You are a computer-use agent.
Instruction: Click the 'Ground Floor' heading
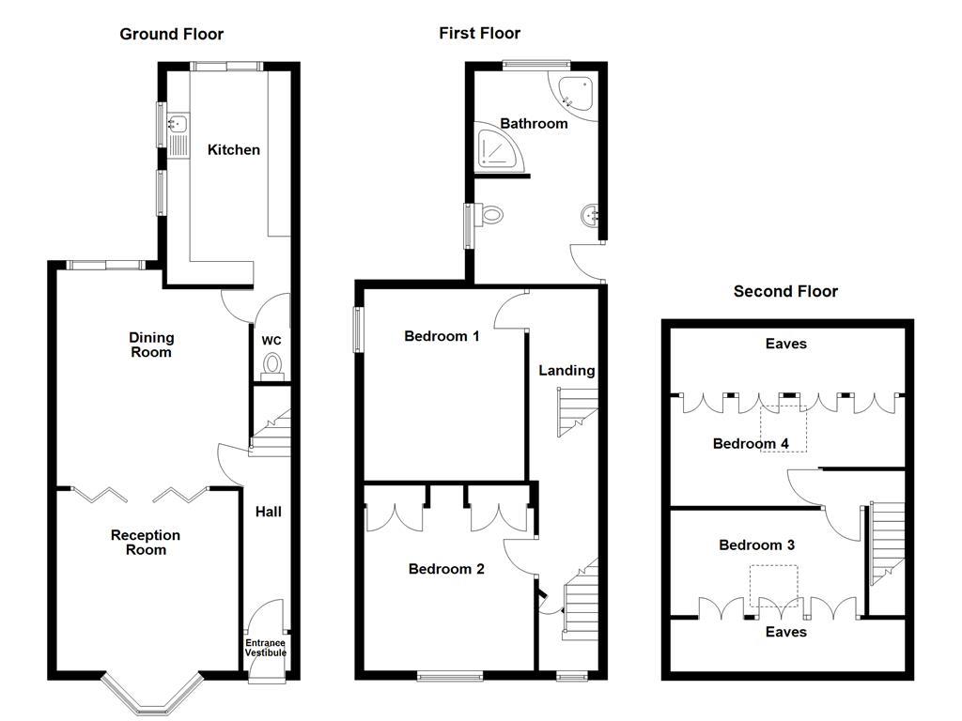pos(171,35)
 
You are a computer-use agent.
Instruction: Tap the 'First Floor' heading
pos(479,34)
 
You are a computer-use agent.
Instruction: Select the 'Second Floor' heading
pos(785,292)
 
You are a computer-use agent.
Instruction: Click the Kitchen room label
pos(234,150)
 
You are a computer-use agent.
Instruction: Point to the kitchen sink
pos(177,123)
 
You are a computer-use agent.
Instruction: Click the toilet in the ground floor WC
pos(272,363)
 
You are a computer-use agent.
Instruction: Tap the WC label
pos(272,340)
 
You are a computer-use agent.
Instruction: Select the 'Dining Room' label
pos(151,345)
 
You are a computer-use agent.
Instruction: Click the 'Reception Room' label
pos(146,543)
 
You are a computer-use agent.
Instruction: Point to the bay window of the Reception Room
pos(151,694)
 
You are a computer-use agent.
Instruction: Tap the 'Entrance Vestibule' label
pos(266,648)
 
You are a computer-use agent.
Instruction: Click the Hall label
pos(269,513)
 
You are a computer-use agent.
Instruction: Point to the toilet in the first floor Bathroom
pos(490,215)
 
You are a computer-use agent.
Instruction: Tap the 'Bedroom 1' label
pos(442,336)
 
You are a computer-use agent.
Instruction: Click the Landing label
pos(566,371)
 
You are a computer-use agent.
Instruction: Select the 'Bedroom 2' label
pos(446,569)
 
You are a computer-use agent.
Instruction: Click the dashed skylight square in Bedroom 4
pos(784,428)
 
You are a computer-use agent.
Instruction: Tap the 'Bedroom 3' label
pos(751,545)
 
